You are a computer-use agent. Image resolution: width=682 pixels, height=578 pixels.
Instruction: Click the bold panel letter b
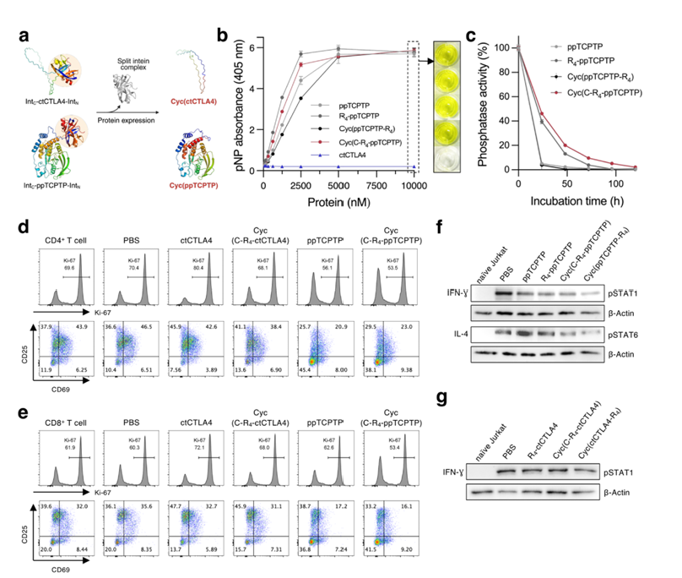click(221, 36)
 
